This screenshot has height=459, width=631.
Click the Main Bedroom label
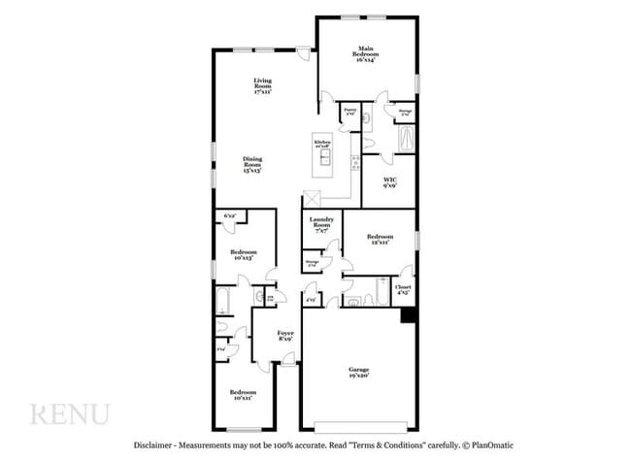[366, 51]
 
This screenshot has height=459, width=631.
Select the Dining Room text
[252, 163]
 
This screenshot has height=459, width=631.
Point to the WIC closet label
[389, 182]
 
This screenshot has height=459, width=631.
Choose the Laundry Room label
[322, 223]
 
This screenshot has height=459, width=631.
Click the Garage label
[359, 372]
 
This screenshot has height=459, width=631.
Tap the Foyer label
[285, 335]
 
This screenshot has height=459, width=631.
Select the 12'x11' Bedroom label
[380, 239]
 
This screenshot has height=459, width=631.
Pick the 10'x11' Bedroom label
[241, 395]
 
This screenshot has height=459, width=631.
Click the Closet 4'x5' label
[403, 288]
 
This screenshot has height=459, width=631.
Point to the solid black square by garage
[409, 315]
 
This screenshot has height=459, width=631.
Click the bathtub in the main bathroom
[403, 142]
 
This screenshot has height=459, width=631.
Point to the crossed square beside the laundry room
[313, 198]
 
